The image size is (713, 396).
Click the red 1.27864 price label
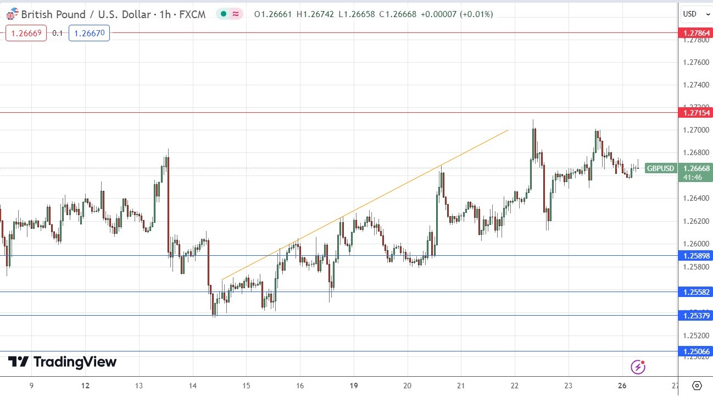[696, 33]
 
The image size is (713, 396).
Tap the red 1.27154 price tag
[696, 113]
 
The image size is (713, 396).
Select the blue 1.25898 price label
[696, 256]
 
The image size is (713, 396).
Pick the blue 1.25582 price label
[696, 292]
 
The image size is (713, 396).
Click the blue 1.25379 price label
[696, 315]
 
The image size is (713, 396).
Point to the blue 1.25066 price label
[696, 351]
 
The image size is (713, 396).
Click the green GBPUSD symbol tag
[660, 168]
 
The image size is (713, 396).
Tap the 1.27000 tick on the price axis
[695, 130]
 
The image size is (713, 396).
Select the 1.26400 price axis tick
[695, 198]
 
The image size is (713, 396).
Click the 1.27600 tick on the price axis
[695, 62]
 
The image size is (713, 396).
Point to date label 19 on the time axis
[354, 386]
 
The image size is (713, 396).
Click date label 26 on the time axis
[622, 386]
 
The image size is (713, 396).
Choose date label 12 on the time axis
[85, 386]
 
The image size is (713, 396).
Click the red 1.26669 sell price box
[26, 33]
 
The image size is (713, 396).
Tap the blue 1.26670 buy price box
[89, 33]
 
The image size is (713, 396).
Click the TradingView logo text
[62, 362]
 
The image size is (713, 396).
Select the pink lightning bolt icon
[638, 367]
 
